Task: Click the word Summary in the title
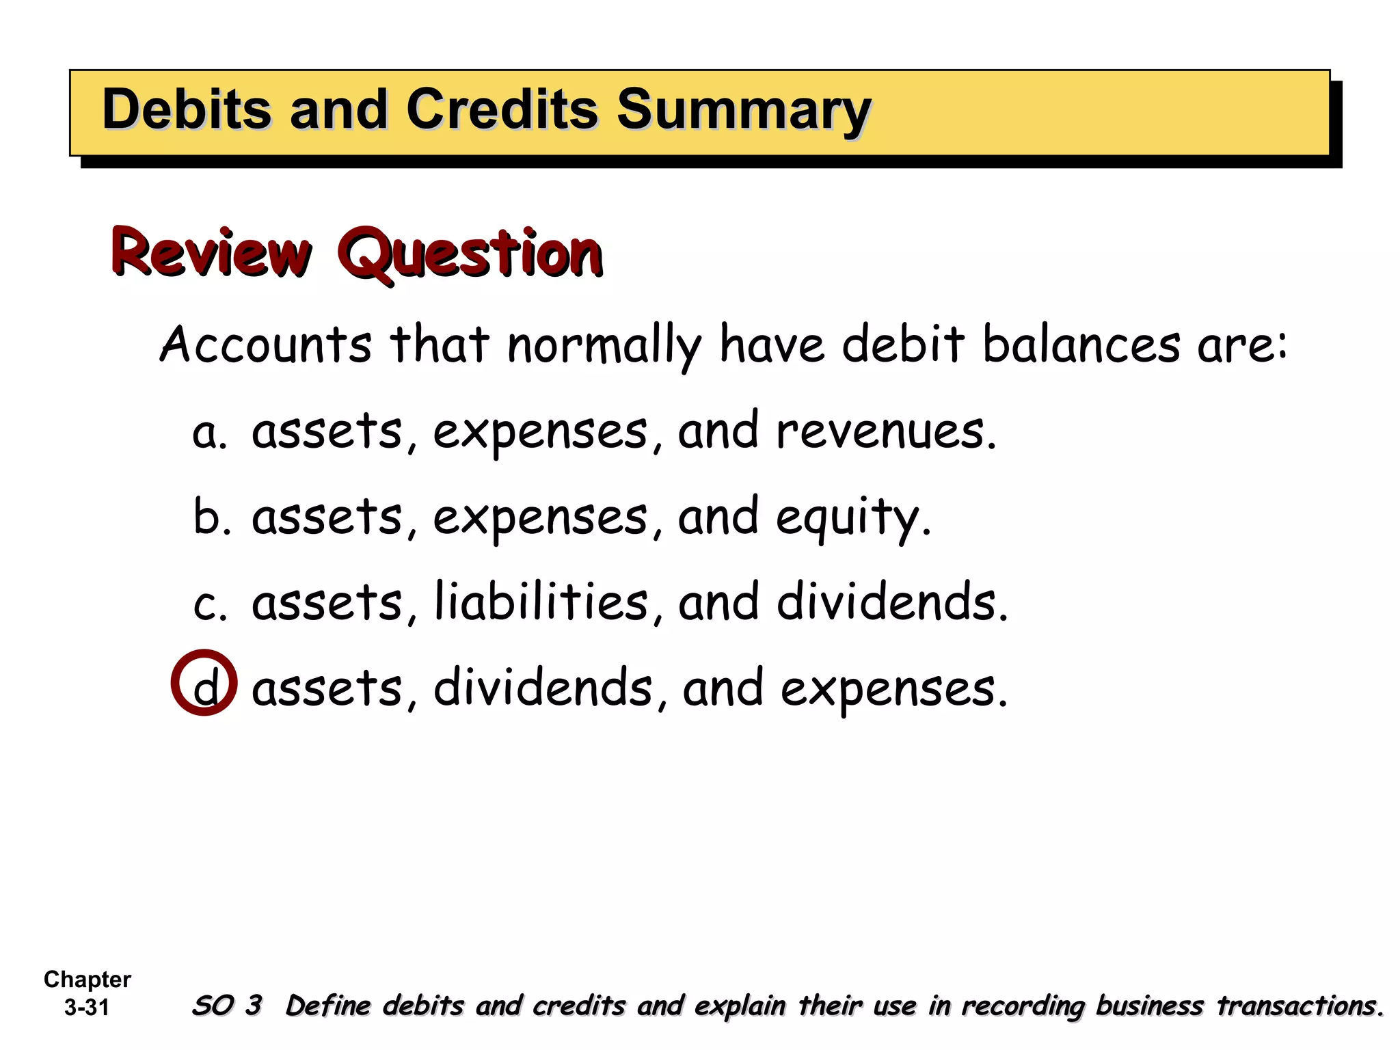pyautogui.click(x=744, y=111)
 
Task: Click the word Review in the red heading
pyautogui.click(x=211, y=253)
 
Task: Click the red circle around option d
pyautogui.click(x=204, y=682)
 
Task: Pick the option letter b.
pyautogui.click(x=208, y=517)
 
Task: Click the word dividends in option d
pyautogui.click(x=543, y=688)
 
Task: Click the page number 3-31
pyautogui.click(x=87, y=1008)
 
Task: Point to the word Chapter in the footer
pyautogui.click(x=87, y=980)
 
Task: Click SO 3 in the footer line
pyautogui.click(x=227, y=1006)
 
